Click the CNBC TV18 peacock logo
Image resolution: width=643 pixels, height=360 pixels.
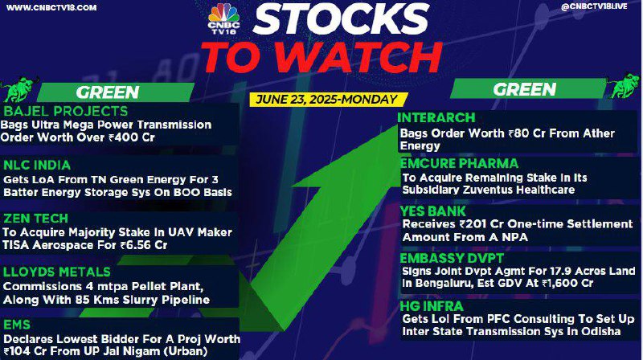(223, 18)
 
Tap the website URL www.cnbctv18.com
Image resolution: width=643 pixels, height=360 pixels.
(51, 7)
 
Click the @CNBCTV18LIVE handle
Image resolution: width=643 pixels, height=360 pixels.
(594, 6)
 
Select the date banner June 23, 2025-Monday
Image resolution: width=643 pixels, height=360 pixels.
(327, 99)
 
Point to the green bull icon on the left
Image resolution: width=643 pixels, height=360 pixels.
(18, 89)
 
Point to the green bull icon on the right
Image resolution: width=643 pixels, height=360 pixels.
(624, 86)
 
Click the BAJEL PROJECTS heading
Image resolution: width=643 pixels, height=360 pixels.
(66, 111)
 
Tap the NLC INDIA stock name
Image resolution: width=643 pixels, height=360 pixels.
(37, 166)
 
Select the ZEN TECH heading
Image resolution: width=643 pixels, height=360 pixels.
(35, 219)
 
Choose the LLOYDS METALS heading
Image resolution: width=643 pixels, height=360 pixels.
(56, 272)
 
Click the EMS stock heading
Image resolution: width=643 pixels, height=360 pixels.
(17, 325)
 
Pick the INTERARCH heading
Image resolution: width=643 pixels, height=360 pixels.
(436, 118)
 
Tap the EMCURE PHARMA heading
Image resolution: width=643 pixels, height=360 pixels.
(459, 164)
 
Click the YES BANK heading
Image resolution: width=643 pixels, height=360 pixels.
(433, 211)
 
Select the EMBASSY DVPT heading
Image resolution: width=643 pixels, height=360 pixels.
(452, 258)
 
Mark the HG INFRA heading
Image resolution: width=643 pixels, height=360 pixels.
(432, 306)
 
